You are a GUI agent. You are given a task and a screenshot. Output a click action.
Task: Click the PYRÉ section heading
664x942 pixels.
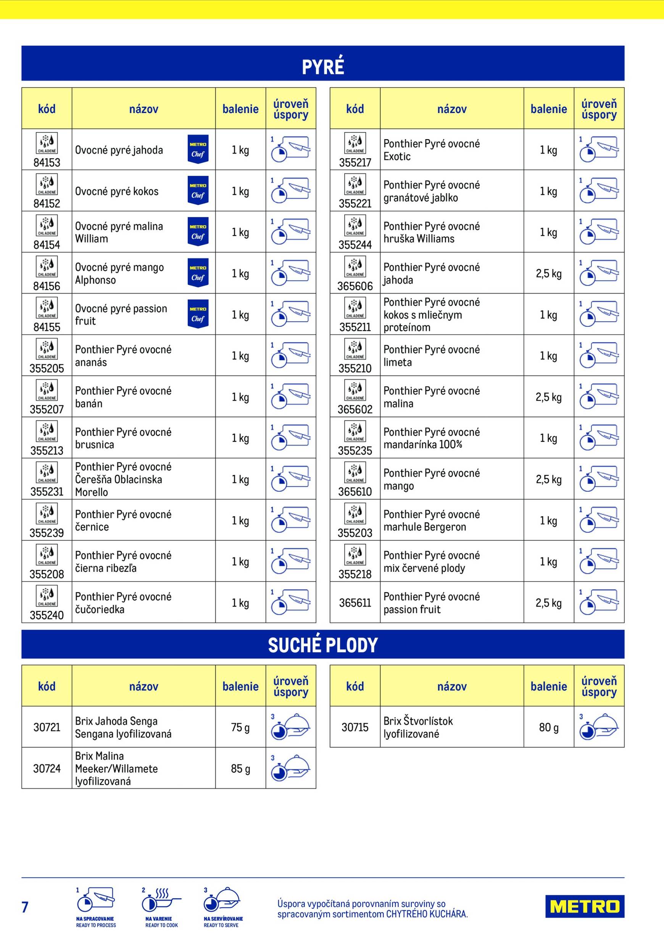click(x=323, y=67)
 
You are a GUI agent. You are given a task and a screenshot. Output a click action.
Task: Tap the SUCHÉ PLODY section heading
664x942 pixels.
click(x=323, y=645)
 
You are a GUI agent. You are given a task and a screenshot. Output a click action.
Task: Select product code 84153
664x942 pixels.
click(x=47, y=163)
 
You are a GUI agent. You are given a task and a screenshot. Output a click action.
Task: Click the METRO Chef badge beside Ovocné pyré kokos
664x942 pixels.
click(x=198, y=191)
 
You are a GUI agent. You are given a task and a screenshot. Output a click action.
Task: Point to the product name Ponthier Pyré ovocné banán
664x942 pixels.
click(x=123, y=397)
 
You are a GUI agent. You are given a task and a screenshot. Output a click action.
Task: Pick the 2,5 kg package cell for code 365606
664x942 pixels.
click(x=549, y=274)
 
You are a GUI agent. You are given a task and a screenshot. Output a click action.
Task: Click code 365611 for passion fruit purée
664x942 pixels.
click(x=355, y=603)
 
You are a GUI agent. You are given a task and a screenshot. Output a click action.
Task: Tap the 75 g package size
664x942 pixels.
click(x=240, y=727)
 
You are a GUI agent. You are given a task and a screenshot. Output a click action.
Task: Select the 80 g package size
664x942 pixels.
click(x=549, y=727)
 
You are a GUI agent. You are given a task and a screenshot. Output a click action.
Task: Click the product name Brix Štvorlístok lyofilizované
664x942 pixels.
click(x=418, y=727)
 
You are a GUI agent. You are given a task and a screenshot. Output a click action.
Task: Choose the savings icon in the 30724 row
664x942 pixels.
click(x=291, y=768)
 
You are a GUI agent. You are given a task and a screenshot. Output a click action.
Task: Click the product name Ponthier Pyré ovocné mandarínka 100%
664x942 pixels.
click(x=431, y=438)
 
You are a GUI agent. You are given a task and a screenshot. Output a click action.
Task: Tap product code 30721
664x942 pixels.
click(x=47, y=727)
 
